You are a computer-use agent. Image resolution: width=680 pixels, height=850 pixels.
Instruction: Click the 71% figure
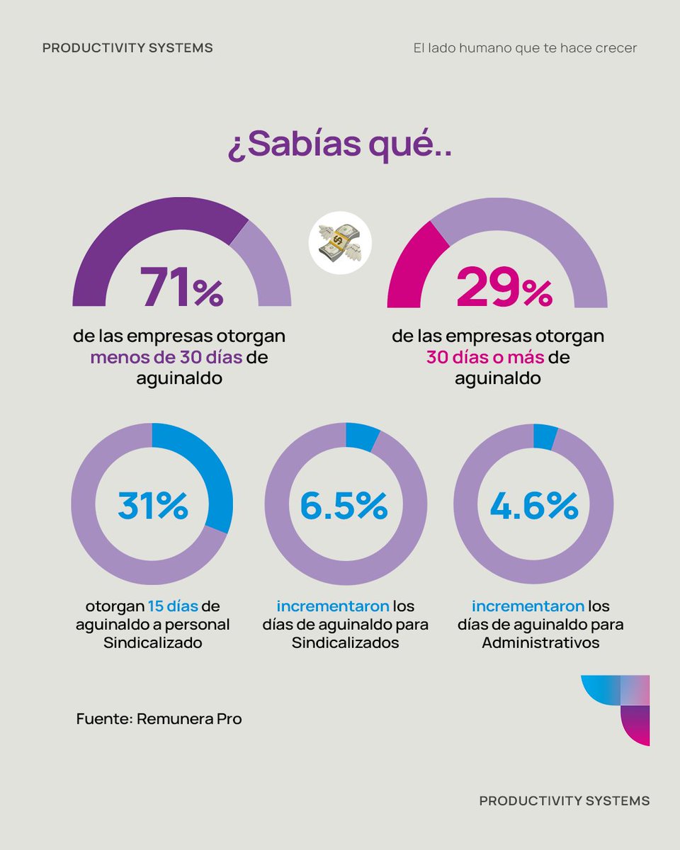pyautogui.click(x=181, y=288)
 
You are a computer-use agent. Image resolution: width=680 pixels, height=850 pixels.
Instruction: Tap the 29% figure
pyautogui.click(x=504, y=288)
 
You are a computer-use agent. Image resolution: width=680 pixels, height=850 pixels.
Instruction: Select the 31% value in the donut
pyautogui.click(x=152, y=505)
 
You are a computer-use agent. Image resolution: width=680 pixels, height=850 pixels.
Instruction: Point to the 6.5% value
pyautogui.click(x=344, y=505)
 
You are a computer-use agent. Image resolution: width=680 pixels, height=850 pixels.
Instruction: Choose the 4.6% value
pyautogui.click(x=533, y=505)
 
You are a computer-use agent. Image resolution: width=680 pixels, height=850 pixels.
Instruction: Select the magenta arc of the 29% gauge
pyautogui.click(x=418, y=262)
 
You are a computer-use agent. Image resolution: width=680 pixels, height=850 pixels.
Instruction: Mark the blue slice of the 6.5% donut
pyautogui.click(x=362, y=436)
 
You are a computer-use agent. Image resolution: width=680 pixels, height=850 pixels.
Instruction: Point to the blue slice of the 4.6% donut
pyautogui.click(x=545, y=436)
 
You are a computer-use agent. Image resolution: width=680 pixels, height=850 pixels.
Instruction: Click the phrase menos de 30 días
pyautogui.click(x=166, y=358)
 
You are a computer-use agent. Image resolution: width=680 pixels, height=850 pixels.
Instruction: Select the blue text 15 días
pyautogui.click(x=173, y=607)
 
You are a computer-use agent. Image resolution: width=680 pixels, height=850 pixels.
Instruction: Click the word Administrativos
pyautogui.click(x=540, y=643)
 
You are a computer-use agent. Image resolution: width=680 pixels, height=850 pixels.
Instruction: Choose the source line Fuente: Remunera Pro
pyautogui.click(x=159, y=719)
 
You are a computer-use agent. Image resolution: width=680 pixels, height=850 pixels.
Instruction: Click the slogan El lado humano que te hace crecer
pyautogui.click(x=525, y=48)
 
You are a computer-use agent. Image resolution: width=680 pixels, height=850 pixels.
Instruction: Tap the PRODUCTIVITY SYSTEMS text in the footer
pyautogui.click(x=564, y=800)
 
